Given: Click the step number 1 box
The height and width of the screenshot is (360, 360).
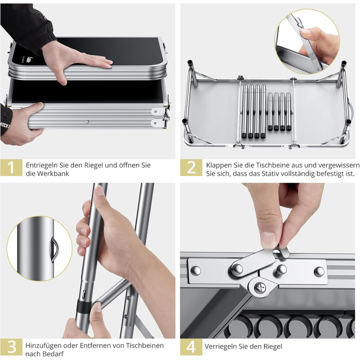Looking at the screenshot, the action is point(11,168).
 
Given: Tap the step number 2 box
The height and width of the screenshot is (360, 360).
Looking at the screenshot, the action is point(191,168).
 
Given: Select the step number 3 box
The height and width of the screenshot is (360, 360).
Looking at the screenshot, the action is point(11,347).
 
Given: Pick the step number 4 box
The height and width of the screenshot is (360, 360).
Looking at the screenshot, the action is point(191,347).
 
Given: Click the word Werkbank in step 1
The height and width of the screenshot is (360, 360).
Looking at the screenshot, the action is point(53,174).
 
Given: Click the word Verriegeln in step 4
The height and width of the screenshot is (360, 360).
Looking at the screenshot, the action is point(220,347).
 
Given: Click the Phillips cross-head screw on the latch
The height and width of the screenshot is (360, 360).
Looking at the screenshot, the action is point(260,287).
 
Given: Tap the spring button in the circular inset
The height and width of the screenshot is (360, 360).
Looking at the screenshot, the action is point(54,249).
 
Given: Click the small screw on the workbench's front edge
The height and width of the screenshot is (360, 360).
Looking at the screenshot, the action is point(87,122).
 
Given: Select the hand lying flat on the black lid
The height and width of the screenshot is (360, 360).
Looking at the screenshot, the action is point(76,59).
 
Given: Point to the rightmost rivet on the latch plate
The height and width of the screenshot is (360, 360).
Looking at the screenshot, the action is point(319,271).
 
